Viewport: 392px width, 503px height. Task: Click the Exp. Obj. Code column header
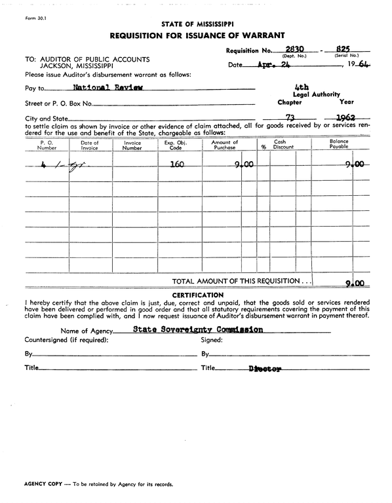tap(177, 145)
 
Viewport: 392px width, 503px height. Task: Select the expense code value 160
tap(176, 164)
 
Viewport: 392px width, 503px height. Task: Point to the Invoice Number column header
tap(132, 145)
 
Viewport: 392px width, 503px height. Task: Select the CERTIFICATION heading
tap(196, 295)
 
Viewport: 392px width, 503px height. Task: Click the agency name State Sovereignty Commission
tap(198, 329)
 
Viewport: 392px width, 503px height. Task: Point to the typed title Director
tap(265, 369)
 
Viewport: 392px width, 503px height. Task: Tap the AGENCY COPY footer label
tap(43, 484)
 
